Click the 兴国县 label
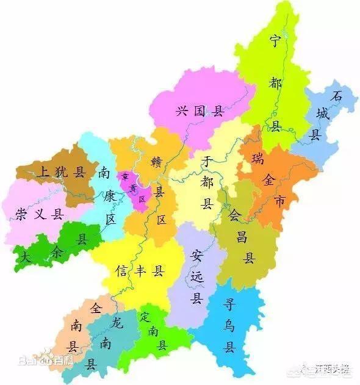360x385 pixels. [200, 111]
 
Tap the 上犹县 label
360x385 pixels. [60, 171]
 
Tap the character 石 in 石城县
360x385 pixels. [336, 96]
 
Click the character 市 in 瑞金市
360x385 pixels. [279, 200]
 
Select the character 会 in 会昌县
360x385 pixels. [235, 214]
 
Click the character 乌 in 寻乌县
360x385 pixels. [230, 326]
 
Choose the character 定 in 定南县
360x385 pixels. [145, 317]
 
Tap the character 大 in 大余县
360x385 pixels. [26, 258]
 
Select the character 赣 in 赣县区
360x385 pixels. [158, 163]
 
